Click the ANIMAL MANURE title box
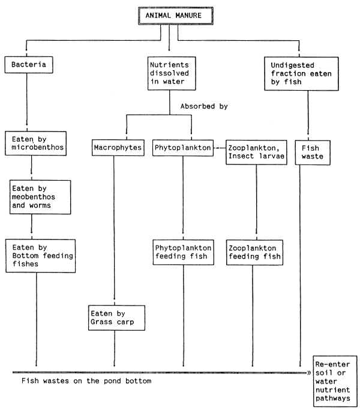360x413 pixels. click(x=169, y=14)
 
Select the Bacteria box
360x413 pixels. click(x=26, y=64)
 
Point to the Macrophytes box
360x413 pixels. click(x=117, y=147)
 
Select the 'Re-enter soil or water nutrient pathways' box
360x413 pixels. click(x=335, y=382)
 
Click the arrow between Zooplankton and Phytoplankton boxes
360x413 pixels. click(x=218, y=147)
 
